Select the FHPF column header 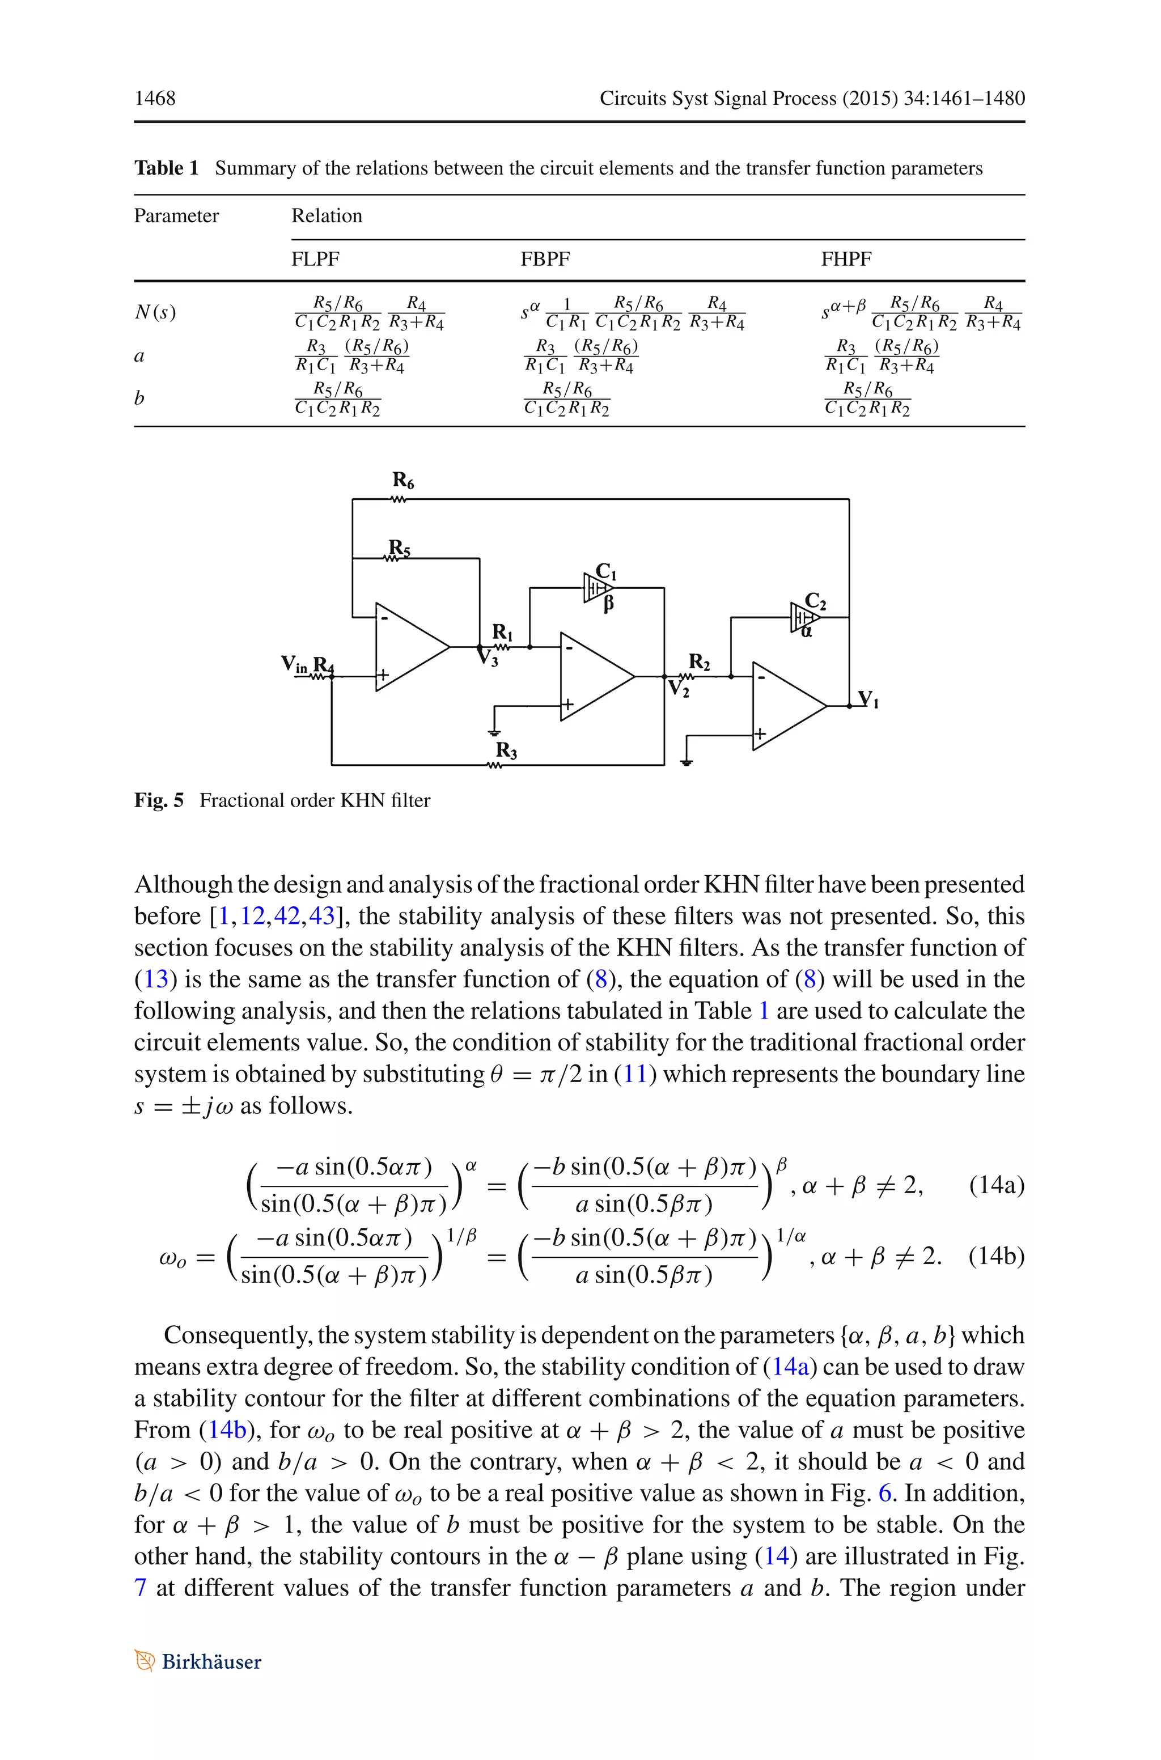pos(846,259)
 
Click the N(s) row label pos(155,312)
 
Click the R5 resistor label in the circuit pos(399,548)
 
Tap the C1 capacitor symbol pos(596,588)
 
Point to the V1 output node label pos(867,699)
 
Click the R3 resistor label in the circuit pos(506,750)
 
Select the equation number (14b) pos(996,1256)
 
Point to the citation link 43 pos(321,916)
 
